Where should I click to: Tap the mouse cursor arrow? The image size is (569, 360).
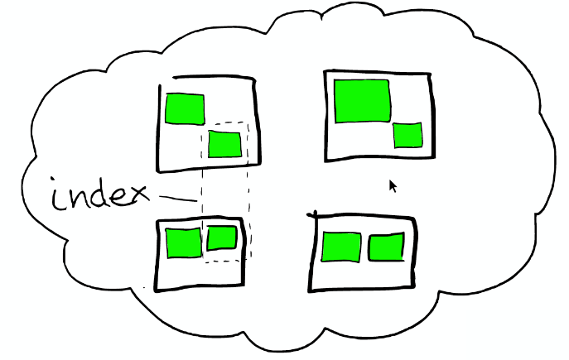(x=393, y=185)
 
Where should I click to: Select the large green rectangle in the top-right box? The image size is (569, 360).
(x=362, y=101)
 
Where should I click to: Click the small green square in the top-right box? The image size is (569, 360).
(x=407, y=135)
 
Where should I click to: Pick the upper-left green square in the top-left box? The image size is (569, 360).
(x=184, y=109)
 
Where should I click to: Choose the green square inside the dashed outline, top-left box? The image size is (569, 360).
(x=224, y=144)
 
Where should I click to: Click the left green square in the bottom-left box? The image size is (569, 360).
(x=183, y=242)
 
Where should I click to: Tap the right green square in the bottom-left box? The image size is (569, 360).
(x=221, y=238)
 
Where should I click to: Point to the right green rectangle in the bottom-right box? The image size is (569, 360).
(x=386, y=247)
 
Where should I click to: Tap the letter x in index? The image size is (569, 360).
(x=137, y=196)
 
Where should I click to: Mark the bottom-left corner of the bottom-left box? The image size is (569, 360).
(x=157, y=289)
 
